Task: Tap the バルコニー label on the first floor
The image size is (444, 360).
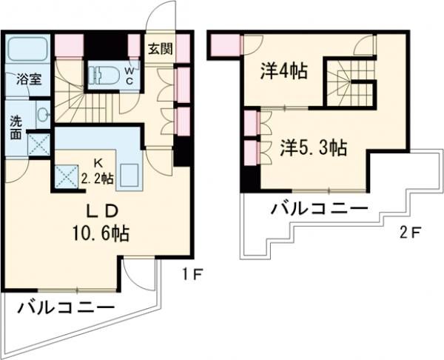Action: click(65, 306)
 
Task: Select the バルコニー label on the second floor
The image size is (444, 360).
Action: click(319, 207)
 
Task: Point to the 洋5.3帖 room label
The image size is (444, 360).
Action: click(313, 147)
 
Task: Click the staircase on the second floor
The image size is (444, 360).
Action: click(352, 81)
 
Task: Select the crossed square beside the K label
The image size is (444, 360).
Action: click(67, 176)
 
